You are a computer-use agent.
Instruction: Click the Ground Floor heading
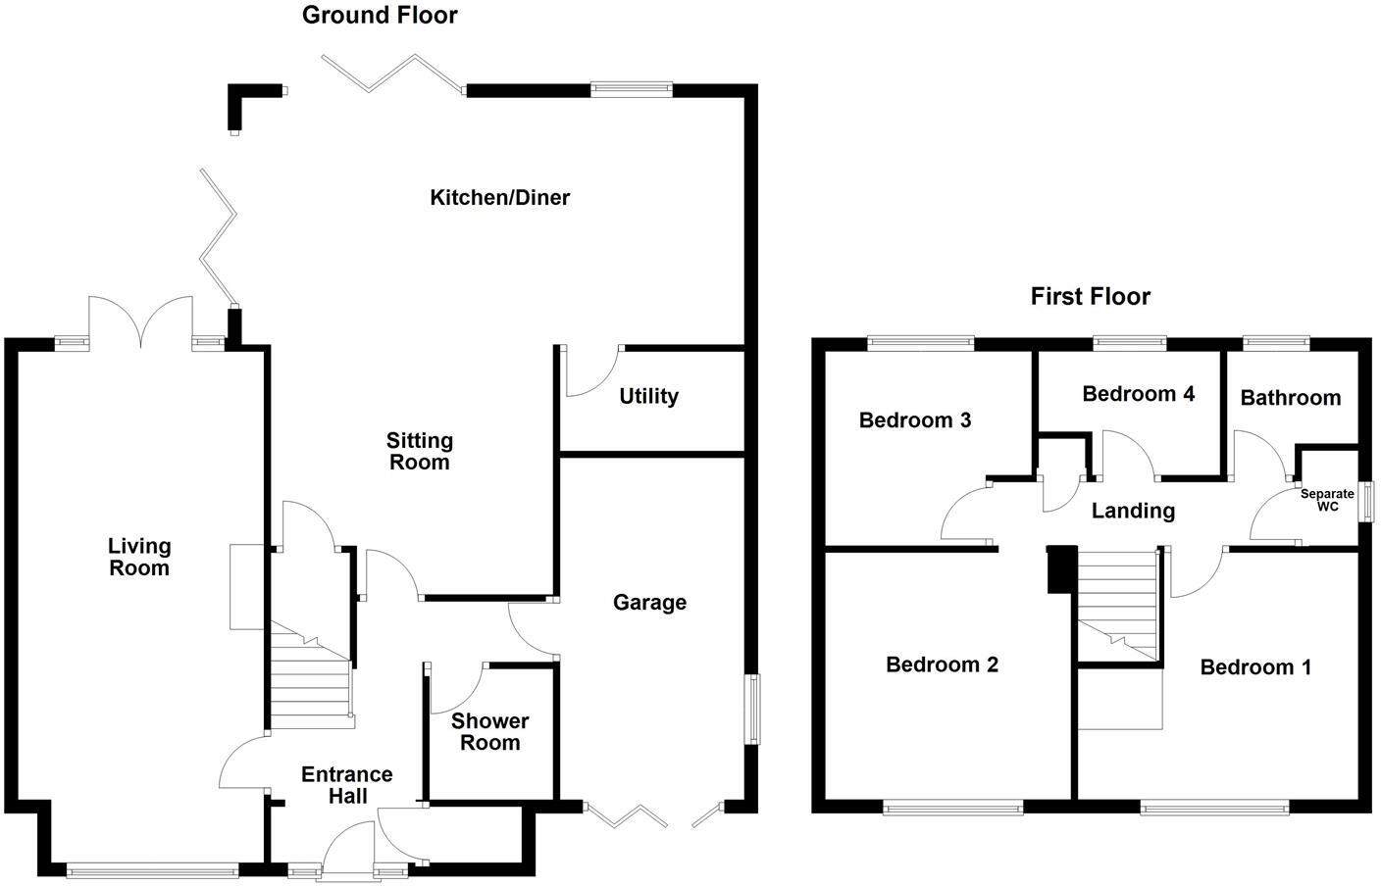point(380,16)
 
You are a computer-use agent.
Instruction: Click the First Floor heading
point(1090,297)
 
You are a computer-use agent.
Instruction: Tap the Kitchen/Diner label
point(499,198)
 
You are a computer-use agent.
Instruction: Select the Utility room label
point(648,397)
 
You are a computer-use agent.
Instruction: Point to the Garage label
point(649,603)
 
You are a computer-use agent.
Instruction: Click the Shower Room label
point(489,732)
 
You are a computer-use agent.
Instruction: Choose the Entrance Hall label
point(347,785)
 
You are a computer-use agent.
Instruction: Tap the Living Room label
point(138,557)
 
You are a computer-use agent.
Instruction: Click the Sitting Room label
point(419,452)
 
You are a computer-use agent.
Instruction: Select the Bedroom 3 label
point(914,420)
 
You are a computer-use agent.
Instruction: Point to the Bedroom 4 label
point(1138,394)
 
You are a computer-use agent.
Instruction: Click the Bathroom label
point(1290,398)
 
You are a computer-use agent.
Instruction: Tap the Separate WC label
point(1327,501)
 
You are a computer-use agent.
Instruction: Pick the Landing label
point(1133,511)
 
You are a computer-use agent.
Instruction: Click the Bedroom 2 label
point(942,665)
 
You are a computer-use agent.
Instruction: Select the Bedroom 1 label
point(1255,667)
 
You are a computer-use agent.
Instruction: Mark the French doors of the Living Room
point(141,320)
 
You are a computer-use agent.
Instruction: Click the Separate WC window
point(1365,500)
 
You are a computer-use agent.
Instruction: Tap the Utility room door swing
point(591,371)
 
